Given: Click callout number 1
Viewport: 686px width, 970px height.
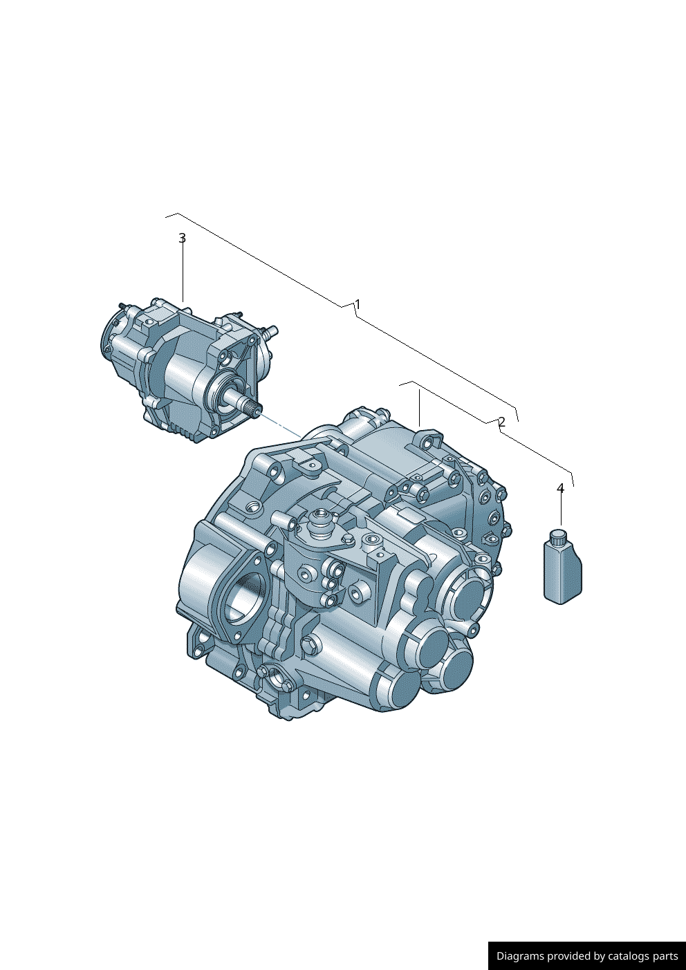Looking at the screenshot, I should click(358, 304).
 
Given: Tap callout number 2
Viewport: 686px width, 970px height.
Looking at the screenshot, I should click(502, 422).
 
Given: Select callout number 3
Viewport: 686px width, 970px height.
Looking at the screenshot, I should click(183, 238).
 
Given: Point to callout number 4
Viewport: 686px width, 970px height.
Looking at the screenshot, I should click(560, 489).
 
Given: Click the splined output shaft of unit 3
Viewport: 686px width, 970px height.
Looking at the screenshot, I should click(249, 407).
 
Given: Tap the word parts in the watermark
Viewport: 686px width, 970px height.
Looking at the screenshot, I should click(666, 956).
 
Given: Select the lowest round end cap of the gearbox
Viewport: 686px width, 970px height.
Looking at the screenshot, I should click(400, 689).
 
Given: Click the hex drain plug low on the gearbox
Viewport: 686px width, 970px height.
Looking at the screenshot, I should click(308, 645).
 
